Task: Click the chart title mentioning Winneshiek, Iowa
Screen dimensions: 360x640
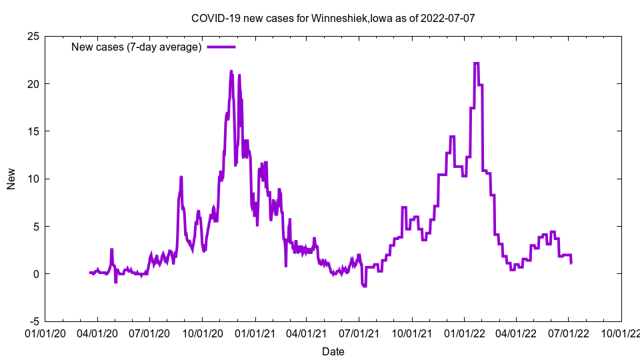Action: pos(333,18)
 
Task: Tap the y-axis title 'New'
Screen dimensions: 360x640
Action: pos(11,179)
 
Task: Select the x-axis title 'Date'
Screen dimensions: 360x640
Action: pos(333,351)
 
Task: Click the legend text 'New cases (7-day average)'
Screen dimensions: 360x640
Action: pos(136,47)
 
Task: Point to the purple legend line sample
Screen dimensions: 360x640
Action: pos(221,47)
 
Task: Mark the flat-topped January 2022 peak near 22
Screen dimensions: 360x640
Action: pos(476,63)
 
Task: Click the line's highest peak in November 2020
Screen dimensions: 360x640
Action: pos(231,71)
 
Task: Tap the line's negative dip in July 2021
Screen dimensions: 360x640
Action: pos(364,286)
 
